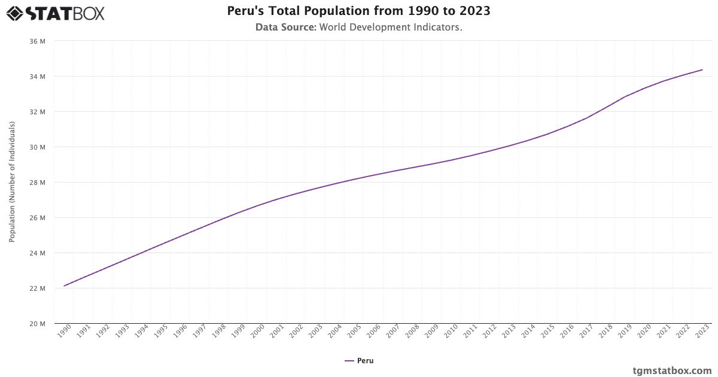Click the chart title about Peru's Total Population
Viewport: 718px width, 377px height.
pyautogui.click(x=359, y=11)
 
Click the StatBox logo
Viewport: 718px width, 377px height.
pyautogui.click(x=55, y=13)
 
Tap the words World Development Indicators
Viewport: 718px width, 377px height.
pyautogui.click(x=391, y=28)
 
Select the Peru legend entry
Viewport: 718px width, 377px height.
pyautogui.click(x=359, y=361)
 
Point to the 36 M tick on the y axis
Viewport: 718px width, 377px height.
pyautogui.click(x=37, y=41)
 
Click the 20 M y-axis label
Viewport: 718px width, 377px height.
pyautogui.click(x=37, y=324)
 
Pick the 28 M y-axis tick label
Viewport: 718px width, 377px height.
pyautogui.click(x=37, y=183)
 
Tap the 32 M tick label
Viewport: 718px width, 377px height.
pyautogui.click(x=37, y=112)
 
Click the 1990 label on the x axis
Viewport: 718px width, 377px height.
pyautogui.click(x=64, y=332)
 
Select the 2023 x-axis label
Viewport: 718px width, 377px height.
pyautogui.click(x=702, y=332)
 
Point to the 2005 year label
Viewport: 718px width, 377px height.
pyautogui.click(x=354, y=332)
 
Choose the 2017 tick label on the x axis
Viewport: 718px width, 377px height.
pyautogui.click(x=586, y=332)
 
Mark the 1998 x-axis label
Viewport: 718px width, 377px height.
pyautogui.click(x=219, y=332)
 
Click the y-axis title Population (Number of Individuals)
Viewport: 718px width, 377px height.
pyautogui.click(x=12, y=182)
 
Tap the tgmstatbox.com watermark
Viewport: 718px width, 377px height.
pyautogui.click(x=672, y=370)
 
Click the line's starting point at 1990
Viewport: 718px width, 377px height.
pyautogui.click(x=64, y=286)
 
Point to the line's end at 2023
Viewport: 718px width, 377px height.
pyautogui.click(x=702, y=70)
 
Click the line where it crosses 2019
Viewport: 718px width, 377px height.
pyautogui.click(x=625, y=96)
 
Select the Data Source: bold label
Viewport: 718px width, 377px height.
pyautogui.click(x=285, y=28)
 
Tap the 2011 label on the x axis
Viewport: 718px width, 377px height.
pyautogui.click(x=470, y=332)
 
